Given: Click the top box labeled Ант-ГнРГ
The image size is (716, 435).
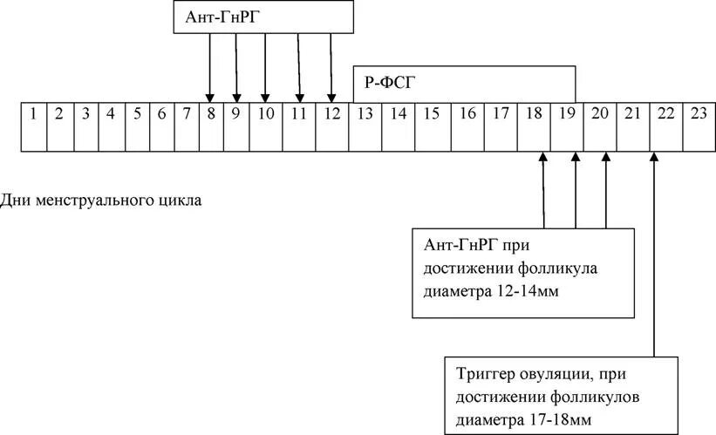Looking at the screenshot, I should coord(263,17).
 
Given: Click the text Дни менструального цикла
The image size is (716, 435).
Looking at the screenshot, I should coord(101,201).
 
